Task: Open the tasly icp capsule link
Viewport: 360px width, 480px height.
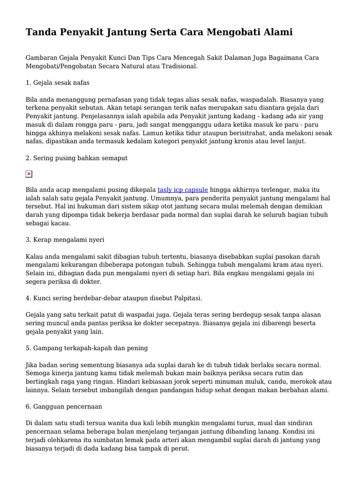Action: [x=183, y=190]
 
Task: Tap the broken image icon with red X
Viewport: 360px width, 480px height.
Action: [x=29, y=174]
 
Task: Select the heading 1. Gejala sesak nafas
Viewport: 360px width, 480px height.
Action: [x=58, y=82]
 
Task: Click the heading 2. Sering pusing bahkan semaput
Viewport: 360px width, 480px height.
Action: [x=76, y=158]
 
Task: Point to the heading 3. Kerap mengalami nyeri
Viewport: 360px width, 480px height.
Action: [x=65, y=240]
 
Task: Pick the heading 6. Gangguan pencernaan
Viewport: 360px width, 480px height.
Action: [x=64, y=406]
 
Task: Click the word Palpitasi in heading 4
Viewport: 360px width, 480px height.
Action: [x=185, y=298]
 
